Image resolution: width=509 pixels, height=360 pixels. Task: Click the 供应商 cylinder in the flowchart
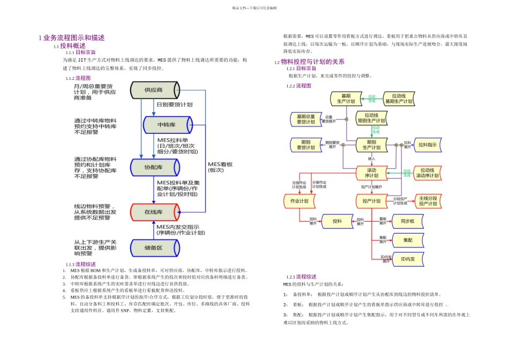153,89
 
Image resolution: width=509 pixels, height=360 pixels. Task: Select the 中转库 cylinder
167,124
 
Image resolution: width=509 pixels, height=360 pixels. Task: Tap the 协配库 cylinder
153,167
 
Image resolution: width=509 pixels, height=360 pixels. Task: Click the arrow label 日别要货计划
174,104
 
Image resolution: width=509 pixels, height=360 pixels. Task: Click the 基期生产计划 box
346,99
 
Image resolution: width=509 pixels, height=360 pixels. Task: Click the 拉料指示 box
428,145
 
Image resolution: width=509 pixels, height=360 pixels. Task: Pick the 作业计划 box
299,201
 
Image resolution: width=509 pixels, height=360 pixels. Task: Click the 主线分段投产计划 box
428,201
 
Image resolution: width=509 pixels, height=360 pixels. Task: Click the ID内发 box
407,259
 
